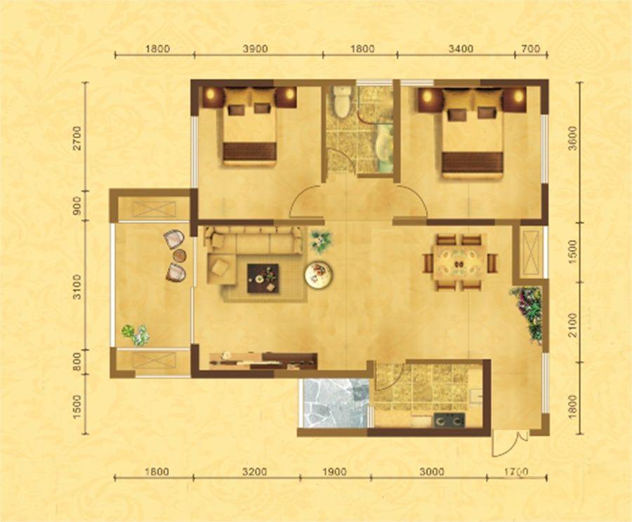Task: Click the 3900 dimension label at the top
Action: (x=256, y=48)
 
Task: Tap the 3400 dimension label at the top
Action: (x=461, y=48)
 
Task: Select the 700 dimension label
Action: (x=530, y=48)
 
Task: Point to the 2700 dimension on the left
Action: (x=77, y=138)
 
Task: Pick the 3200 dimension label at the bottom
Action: (x=255, y=471)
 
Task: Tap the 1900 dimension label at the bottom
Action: (x=334, y=471)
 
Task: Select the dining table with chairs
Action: (x=459, y=263)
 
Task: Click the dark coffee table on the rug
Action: (x=263, y=278)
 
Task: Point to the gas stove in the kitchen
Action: (x=449, y=420)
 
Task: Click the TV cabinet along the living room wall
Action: (x=263, y=360)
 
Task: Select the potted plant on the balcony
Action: (x=136, y=335)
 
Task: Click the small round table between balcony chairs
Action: (x=179, y=255)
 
